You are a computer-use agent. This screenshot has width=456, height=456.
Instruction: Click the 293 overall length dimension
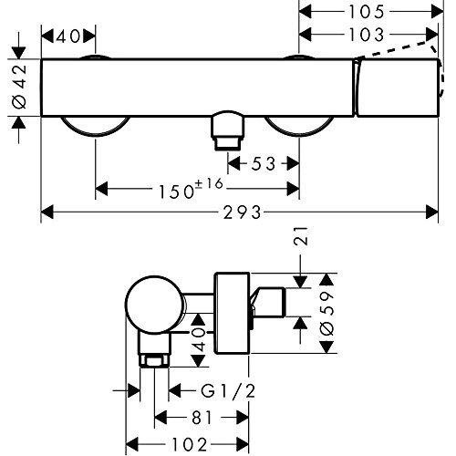point(243,212)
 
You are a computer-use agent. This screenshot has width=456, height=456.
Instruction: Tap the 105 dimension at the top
point(367,12)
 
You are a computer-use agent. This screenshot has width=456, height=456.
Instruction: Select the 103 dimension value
point(367,35)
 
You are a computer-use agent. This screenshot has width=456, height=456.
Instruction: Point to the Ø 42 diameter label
point(19,87)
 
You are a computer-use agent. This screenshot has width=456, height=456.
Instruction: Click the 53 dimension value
point(264,164)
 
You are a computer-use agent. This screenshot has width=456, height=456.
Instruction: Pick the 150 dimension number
point(176,192)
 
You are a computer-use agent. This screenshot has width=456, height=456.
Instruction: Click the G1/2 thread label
point(228,391)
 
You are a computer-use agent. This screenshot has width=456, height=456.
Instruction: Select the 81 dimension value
point(202,418)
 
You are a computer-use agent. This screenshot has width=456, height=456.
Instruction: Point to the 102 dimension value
point(190,445)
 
